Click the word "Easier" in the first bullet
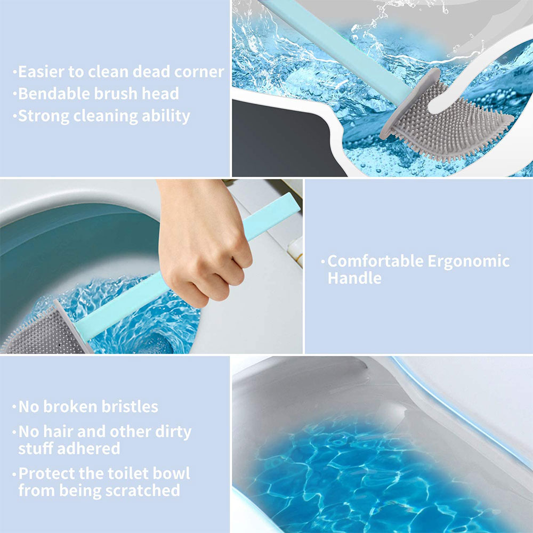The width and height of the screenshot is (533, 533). (41, 72)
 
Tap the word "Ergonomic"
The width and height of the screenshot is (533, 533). (469, 261)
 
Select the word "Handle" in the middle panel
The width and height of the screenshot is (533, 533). (354, 278)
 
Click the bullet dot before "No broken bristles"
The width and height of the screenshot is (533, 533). (14, 407)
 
